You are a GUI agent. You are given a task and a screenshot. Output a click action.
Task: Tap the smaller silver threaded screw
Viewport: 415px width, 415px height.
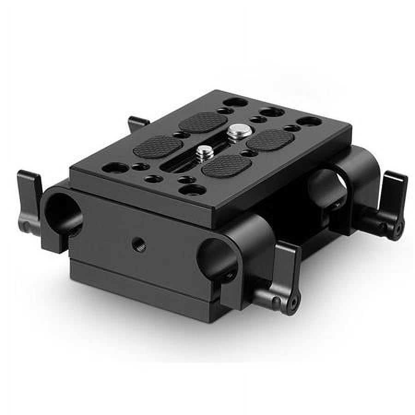pyautogui.click(x=204, y=152)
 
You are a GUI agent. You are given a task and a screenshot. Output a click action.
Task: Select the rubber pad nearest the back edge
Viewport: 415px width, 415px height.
pyautogui.click(x=203, y=122)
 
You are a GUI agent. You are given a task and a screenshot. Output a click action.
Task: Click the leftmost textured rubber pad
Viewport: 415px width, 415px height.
pyautogui.click(x=158, y=147)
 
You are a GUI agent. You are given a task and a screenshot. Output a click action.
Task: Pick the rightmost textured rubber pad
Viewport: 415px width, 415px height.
pyautogui.click(x=270, y=139)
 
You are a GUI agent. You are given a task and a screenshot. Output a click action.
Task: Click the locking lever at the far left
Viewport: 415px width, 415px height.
pyautogui.click(x=29, y=201)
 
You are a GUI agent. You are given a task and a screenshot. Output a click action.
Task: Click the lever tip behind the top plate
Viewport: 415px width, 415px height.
pyautogui.click(x=137, y=123)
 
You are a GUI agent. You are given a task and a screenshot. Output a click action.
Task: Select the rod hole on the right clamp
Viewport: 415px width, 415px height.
pyautogui.click(x=326, y=190)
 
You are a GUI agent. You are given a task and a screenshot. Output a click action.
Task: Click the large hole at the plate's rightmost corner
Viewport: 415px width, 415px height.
pyautogui.click(x=309, y=121)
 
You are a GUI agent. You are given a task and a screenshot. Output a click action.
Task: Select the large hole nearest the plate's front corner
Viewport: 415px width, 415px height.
pyautogui.click(x=192, y=189)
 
